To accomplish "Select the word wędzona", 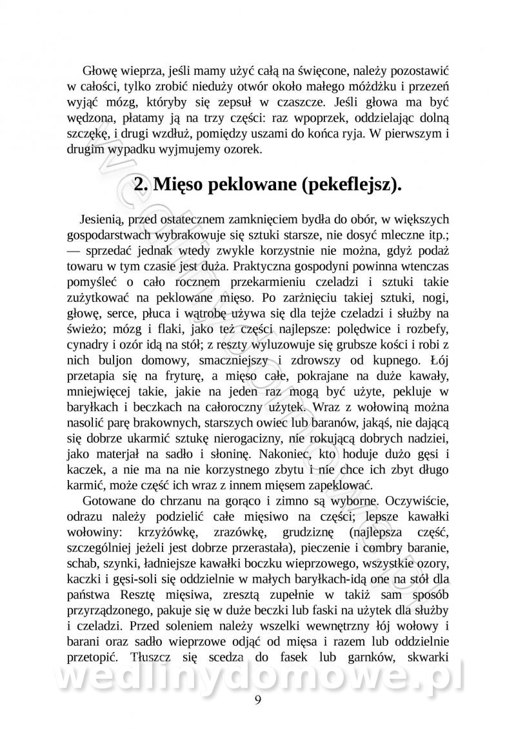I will [90, 119].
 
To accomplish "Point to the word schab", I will [81, 564].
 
